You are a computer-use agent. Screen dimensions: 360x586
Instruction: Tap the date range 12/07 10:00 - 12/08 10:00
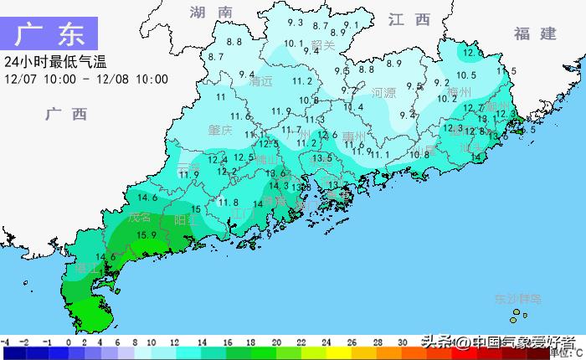(x=86, y=80)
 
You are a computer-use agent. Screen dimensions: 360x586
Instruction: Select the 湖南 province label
(x=210, y=13)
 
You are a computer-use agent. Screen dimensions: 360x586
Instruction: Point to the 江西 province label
(x=409, y=19)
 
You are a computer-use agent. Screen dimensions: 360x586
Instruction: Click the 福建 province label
(x=536, y=33)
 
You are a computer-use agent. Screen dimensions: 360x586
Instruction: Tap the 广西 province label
(x=67, y=115)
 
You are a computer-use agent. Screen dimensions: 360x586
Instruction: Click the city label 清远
(x=261, y=82)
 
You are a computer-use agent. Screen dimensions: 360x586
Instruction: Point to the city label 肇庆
(x=220, y=131)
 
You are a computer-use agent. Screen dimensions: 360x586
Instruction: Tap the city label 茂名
(x=141, y=217)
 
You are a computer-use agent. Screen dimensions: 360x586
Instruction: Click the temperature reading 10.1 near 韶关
(x=293, y=44)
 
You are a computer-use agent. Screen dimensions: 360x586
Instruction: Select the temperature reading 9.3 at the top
(x=295, y=23)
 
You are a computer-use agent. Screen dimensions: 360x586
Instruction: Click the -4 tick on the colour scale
(x=5, y=342)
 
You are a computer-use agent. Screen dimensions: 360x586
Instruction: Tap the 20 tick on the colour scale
(x=276, y=342)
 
